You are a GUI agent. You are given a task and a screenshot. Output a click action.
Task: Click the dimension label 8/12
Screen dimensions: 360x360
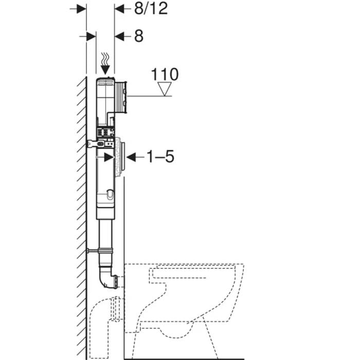point(151,9)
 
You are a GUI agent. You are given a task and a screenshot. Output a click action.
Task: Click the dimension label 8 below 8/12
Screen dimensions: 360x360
point(139,36)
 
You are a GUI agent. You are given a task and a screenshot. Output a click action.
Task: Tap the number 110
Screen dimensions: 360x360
point(165,75)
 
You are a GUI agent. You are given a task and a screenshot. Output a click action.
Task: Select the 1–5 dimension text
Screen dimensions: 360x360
point(160,156)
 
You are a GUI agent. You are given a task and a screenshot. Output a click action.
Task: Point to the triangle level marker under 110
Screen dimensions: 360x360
point(165,89)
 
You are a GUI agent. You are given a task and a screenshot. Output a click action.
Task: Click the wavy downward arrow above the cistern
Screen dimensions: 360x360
point(105,64)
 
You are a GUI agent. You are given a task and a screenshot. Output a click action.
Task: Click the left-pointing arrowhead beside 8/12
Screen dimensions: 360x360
point(119,9)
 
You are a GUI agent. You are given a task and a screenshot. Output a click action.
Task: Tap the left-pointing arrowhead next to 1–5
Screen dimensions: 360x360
point(131,157)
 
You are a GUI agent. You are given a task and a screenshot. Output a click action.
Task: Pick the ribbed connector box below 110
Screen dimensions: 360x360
point(120,97)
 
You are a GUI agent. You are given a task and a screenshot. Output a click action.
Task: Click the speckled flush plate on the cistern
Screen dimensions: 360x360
point(119,157)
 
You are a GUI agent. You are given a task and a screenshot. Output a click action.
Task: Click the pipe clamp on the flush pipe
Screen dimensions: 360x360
point(101,251)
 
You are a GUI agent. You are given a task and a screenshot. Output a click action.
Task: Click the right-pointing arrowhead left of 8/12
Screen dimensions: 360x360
point(81,9)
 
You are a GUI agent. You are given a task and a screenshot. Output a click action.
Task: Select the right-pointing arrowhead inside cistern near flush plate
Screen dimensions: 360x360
point(109,157)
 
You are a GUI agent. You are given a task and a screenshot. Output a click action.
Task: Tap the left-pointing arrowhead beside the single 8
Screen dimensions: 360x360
point(119,37)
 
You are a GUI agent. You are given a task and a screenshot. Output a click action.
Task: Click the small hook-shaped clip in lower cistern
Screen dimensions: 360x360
point(110,194)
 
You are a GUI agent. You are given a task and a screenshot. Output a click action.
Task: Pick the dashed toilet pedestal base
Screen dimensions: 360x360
point(174,340)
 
